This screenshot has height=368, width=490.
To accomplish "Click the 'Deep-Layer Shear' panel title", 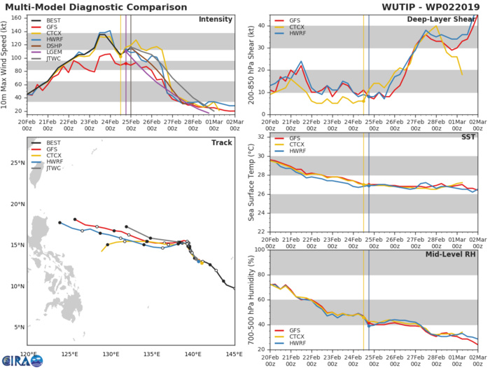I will click(x=448, y=19).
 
